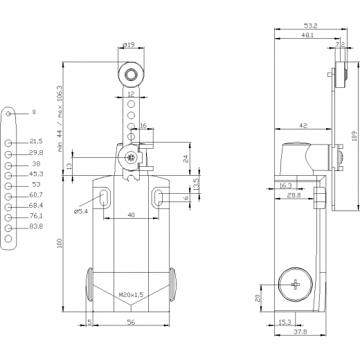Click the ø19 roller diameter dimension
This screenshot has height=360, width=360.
pos(129,44)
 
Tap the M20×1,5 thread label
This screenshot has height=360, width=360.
pos(131,295)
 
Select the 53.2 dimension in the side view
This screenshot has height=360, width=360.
pos(311,26)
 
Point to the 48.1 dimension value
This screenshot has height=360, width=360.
pos(307,35)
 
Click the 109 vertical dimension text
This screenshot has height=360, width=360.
pos(354,136)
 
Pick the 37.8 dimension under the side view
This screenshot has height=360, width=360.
pos(300,332)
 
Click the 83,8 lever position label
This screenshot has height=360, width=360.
pos(36,226)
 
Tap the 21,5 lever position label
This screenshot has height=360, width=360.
pos(36,141)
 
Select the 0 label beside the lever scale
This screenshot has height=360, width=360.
pos(34,112)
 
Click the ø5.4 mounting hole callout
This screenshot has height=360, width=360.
pos(81,211)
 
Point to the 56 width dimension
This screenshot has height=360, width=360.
pos(131,322)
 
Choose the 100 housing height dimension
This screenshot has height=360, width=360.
pos(60,243)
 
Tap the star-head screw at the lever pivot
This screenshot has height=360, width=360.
pos(131,158)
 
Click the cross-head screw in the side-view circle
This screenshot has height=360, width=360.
pos(296,285)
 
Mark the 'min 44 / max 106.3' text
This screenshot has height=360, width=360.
pos(60,118)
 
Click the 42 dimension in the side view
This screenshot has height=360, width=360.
pos(303,125)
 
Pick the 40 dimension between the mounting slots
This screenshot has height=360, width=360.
pos(131,215)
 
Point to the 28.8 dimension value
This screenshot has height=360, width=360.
pos(294,195)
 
